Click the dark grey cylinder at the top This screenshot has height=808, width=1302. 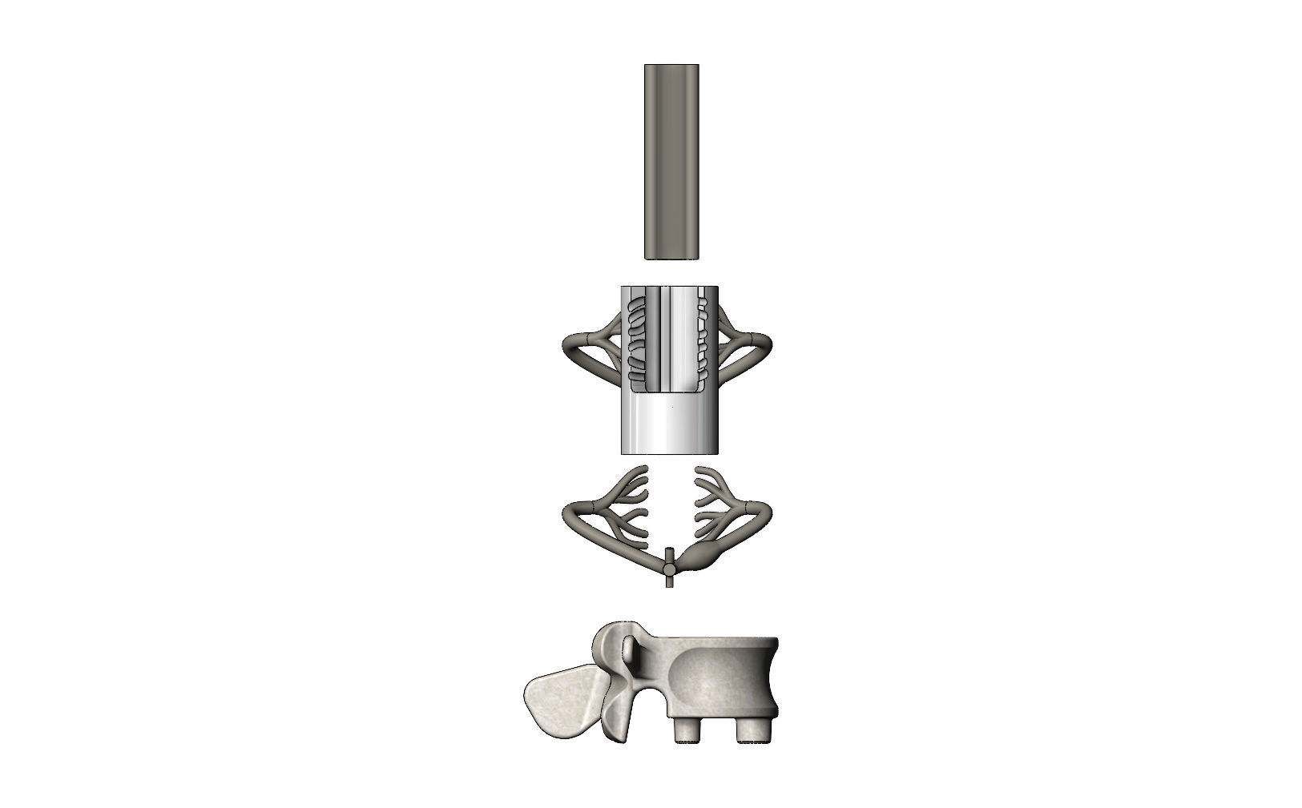671,160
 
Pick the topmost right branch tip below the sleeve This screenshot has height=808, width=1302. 699,470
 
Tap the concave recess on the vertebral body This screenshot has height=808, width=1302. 713,677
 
